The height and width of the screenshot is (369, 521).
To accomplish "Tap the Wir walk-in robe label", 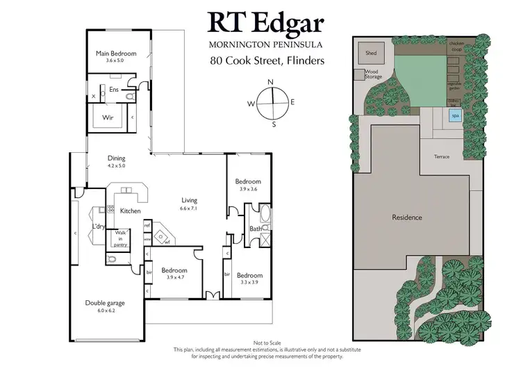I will [108, 118].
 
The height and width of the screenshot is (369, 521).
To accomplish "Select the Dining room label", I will [116, 158].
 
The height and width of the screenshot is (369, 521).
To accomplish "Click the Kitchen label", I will [131, 211].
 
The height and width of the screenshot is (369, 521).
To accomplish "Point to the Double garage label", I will [105, 302].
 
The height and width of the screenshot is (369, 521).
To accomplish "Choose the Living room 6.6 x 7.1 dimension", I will [190, 208].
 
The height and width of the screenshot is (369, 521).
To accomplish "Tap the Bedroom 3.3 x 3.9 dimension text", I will [249, 283].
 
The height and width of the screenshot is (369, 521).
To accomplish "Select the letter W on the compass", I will [250, 104].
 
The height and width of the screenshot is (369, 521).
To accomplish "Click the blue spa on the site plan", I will [456, 116].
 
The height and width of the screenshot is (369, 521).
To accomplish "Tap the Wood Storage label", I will [373, 74].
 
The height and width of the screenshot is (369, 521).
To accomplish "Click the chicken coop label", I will [456, 47].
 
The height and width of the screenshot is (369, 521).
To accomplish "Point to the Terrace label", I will [442, 156].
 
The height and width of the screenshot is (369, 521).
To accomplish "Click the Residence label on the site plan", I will [407, 218].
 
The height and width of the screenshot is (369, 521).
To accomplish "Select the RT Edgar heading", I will [267, 24].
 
